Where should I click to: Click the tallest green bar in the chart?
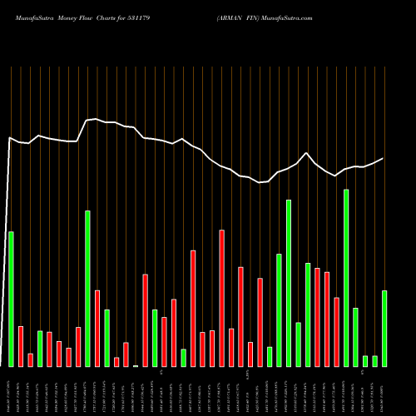click(346, 278)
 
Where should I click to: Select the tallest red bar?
click(221, 298)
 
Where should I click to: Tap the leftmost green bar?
click(11, 299)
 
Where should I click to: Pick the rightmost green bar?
click(384, 328)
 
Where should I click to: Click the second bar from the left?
click(21, 346)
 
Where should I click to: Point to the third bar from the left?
click(30, 359)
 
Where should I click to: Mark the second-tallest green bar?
click(289, 283)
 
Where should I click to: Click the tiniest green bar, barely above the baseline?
click(136, 365)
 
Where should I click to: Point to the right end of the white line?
click(384, 158)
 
